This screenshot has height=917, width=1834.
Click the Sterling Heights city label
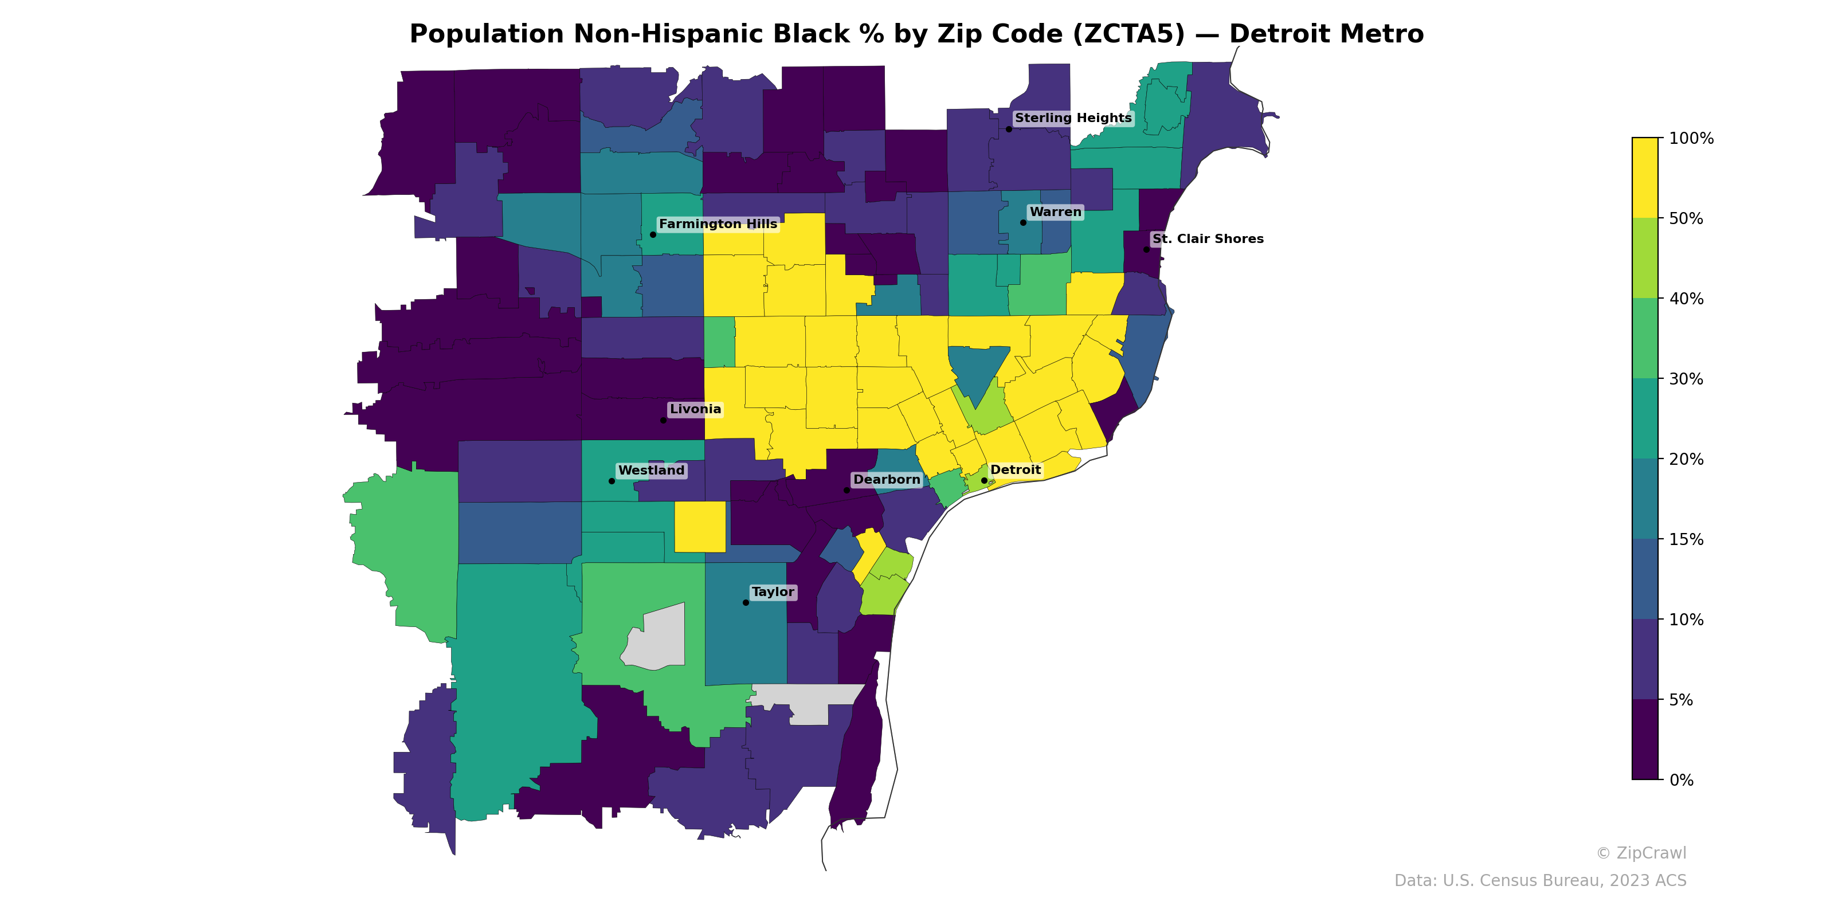pyautogui.click(x=1072, y=118)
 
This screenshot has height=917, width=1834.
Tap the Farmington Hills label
pyautogui.click(x=718, y=224)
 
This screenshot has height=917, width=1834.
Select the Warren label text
pyautogui.click(x=1055, y=212)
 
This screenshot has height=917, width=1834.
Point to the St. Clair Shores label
pyautogui.click(x=1208, y=239)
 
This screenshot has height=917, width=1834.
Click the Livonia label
pyautogui.click(x=695, y=409)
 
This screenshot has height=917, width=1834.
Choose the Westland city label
pyautogui.click(x=650, y=471)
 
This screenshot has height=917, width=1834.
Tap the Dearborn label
pyautogui.click(x=887, y=480)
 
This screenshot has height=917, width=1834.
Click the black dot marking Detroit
pyautogui.click(x=984, y=481)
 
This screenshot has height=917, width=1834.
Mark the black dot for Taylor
pyautogui.click(x=746, y=602)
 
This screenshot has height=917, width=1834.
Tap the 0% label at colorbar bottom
pyautogui.click(x=1681, y=780)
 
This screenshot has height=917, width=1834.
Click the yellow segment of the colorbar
pyautogui.click(x=1645, y=178)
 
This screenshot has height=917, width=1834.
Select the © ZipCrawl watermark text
pyautogui.click(x=1640, y=853)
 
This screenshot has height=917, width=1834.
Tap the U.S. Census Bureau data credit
pyautogui.click(x=1539, y=881)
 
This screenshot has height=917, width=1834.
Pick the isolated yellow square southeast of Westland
pyautogui.click(x=700, y=527)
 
